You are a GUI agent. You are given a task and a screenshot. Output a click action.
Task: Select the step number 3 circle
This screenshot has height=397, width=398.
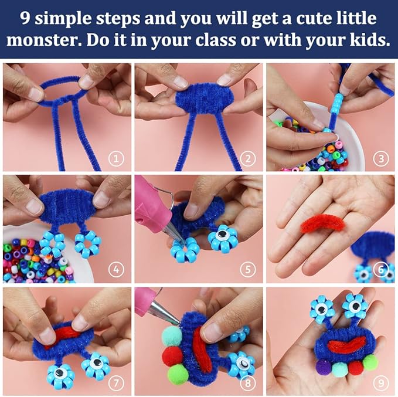coord(382,158)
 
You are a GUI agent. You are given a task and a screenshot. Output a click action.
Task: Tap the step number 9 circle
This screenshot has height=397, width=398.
coord(382,384)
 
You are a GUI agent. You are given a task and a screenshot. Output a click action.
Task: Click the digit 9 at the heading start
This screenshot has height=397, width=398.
coord(25,18)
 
